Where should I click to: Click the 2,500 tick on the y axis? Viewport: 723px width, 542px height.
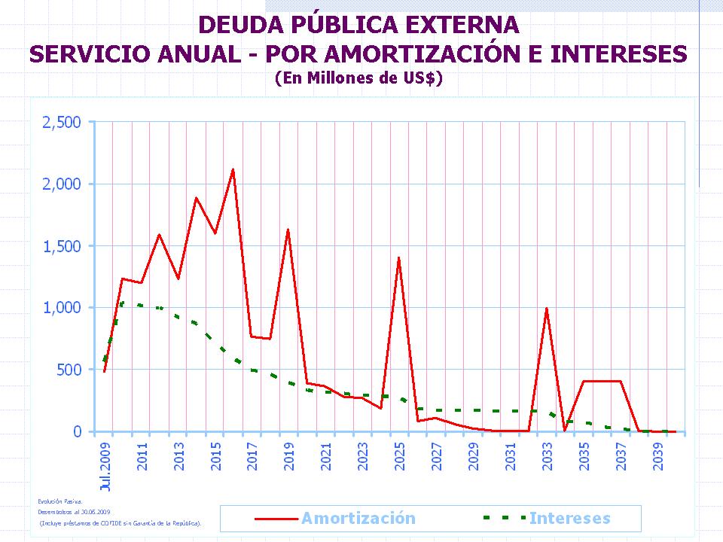[61, 122]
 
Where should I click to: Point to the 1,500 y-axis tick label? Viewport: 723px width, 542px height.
[61, 246]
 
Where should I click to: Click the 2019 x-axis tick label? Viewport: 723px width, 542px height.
[289, 456]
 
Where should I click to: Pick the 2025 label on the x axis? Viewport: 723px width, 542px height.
[400, 456]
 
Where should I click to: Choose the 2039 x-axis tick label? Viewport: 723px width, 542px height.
[658, 456]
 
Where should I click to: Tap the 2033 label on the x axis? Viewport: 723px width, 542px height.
[548, 456]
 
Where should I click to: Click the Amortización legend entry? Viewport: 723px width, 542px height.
[358, 518]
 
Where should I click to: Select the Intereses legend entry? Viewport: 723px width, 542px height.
[569, 518]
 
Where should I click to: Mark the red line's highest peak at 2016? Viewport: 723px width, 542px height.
[233, 169]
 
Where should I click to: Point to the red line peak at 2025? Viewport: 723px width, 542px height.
[398, 257]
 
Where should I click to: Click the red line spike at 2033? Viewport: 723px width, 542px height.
[546, 308]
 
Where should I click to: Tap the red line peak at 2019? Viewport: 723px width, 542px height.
[288, 230]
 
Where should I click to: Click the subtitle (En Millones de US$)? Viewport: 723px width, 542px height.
[358, 78]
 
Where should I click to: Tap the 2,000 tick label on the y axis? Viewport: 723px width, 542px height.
[61, 184]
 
